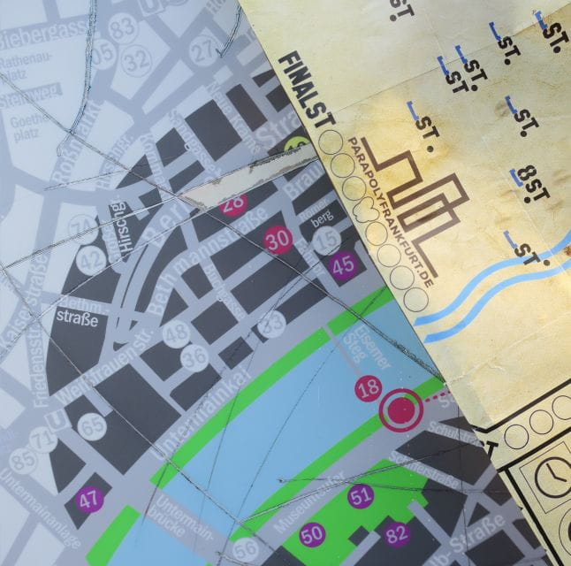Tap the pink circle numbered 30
(278, 241)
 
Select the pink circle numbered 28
(233, 203)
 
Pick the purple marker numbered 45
(343, 263)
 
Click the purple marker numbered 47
(88, 498)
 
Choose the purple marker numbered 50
(311, 533)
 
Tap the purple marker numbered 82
(398, 532)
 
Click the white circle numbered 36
(194, 356)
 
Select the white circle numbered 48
(176, 333)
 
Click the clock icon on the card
(551, 475)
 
